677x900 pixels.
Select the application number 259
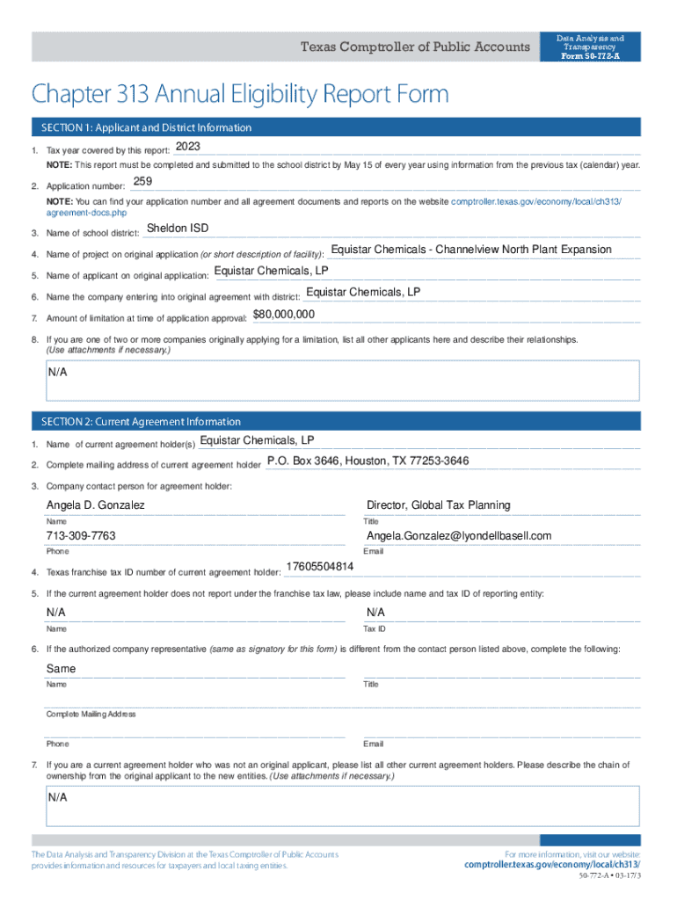click(x=142, y=182)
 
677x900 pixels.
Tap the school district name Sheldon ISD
click(x=178, y=229)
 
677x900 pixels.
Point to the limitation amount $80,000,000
click(x=284, y=315)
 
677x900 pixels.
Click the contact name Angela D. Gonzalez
click(x=96, y=505)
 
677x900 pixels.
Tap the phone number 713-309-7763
click(x=81, y=536)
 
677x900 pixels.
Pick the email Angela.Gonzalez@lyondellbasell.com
click(x=459, y=536)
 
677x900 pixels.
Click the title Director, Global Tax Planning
click(x=438, y=505)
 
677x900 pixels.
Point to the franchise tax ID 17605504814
click(x=320, y=566)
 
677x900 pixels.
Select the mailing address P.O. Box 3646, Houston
click(x=368, y=461)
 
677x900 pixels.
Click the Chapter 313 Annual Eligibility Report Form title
click(x=240, y=93)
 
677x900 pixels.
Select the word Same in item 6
click(x=62, y=669)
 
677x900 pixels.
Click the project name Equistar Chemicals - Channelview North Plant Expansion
click(x=471, y=250)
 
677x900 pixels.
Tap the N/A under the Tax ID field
click(x=375, y=612)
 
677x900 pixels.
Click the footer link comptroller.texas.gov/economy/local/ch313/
click(x=552, y=865)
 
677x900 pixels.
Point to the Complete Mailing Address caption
click(x=91, y=715)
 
